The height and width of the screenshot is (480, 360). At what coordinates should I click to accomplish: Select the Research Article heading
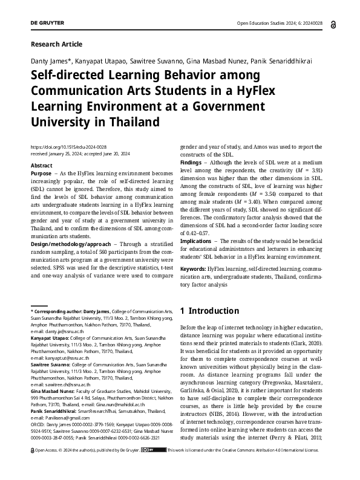point(56,44)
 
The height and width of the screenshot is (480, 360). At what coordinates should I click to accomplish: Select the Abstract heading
point(41,165)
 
